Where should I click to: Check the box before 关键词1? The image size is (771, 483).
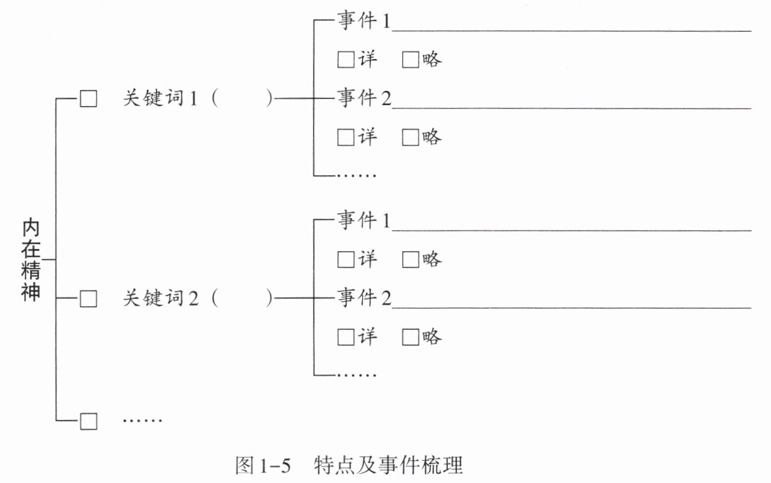[88, 99]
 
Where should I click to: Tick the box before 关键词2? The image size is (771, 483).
[88, 300]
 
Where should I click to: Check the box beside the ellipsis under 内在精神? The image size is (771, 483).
[88, 421]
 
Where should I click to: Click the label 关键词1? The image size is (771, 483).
[160, 99]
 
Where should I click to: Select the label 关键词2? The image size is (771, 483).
[160, 300]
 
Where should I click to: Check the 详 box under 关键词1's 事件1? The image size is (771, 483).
[345, 60]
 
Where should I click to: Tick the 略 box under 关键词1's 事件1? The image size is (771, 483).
[410, 60]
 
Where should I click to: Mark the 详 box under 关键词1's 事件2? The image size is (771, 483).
[345, 138]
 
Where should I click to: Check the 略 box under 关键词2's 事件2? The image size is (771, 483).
[410, 337]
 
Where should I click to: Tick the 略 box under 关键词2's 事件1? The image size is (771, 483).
[410, 259]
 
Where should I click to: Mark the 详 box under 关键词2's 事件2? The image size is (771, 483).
[345, 337]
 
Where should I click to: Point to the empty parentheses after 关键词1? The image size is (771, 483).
[242, 99]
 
